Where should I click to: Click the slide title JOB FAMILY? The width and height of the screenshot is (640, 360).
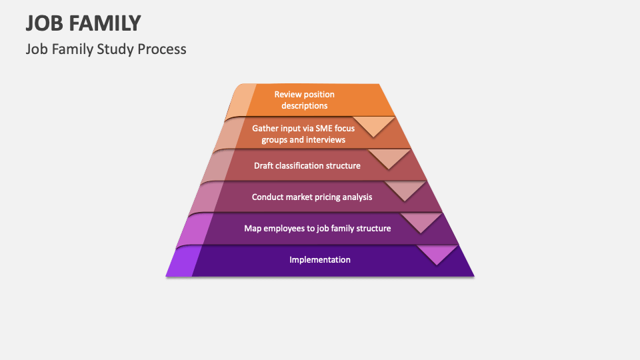click(x=83, y=23)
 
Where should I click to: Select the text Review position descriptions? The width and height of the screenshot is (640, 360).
click(x=304, y=100)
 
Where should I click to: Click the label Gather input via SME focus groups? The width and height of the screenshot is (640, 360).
click(x=303, y=134)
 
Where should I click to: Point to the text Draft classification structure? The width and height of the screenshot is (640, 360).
click(x=307, y=165)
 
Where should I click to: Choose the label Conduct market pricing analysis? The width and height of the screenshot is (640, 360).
click(x=312, y=197)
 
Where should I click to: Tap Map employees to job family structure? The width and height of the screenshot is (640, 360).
click(x=317, y=228)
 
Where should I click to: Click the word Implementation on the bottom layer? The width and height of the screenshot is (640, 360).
click(x=320, y=259)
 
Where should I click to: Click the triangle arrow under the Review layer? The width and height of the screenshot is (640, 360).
click(x=374, y=125)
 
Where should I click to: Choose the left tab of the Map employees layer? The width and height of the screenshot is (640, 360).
click(x=199, y=228)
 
